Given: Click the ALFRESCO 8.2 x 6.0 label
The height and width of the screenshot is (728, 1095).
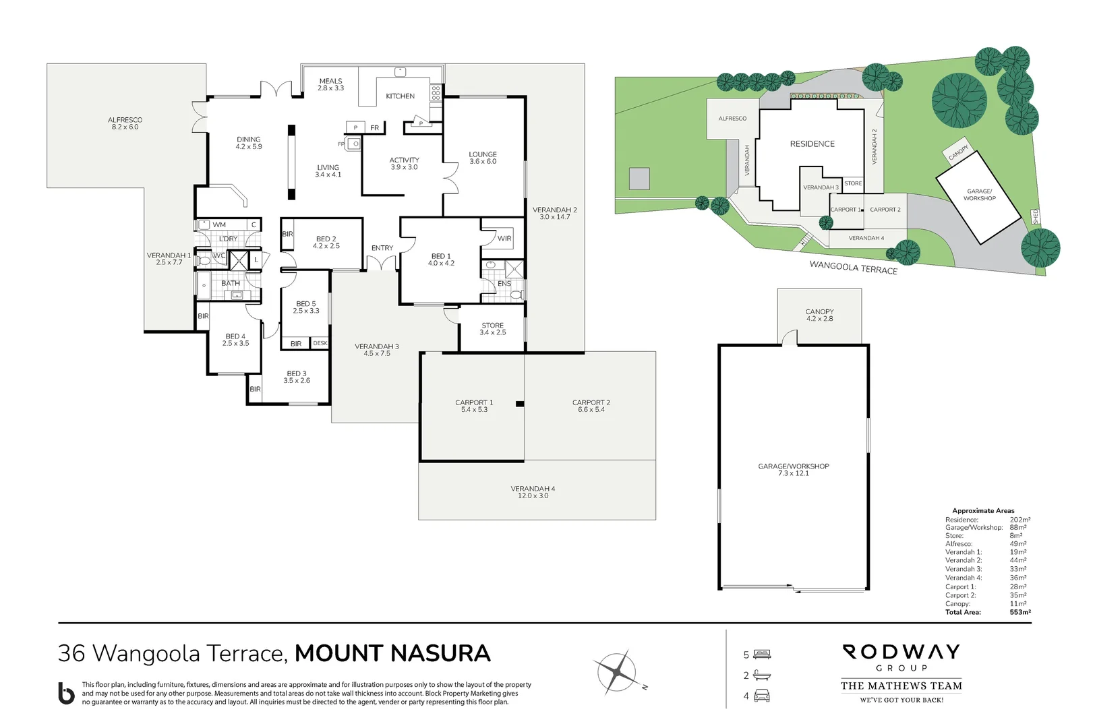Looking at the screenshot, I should click(125, 123).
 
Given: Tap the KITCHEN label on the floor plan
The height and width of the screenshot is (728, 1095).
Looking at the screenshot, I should click(400, 96).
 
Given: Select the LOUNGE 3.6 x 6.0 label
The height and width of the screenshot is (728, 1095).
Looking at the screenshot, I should click(483, 158).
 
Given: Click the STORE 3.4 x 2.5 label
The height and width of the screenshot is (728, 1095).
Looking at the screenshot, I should click(492, 329).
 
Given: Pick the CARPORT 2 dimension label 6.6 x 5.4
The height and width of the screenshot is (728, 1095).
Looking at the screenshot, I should click(591, 410).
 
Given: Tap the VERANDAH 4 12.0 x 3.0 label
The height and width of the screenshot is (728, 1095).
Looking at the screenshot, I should click(533, 492).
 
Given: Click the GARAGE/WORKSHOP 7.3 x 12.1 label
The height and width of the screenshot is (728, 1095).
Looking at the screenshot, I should click(793, 470).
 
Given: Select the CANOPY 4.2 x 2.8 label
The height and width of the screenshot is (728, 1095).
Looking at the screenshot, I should click(819, 315).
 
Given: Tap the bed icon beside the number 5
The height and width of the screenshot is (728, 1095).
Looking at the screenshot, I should click(762, 655).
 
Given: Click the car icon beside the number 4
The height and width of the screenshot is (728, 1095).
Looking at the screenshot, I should click(762, 696).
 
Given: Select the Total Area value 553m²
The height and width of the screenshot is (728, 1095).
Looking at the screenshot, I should click(1019, 612).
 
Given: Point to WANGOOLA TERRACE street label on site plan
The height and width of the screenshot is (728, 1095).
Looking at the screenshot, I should click(853, 268).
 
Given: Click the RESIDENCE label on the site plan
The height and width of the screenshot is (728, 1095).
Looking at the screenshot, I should click(812, 144).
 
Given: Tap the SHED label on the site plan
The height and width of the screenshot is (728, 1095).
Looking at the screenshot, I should click(1036, 216).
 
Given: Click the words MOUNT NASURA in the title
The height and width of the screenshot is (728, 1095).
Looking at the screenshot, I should click(392, 653).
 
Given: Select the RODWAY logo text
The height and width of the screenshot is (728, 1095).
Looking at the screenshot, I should click(901, 652).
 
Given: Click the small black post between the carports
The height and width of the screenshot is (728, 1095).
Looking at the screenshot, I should click(520, 404).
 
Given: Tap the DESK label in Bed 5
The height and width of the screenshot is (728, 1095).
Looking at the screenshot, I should click(320, 343).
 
